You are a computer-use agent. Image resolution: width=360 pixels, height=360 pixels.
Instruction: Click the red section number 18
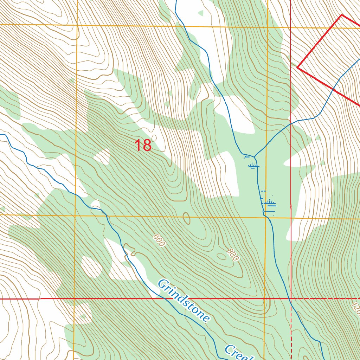pos(143,146)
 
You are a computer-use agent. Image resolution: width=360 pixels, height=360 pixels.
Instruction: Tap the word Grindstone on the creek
pos(184,300)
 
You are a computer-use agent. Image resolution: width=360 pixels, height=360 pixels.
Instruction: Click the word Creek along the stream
pos(239,353)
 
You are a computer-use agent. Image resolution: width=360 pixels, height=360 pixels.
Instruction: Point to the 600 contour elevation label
pos(159,240)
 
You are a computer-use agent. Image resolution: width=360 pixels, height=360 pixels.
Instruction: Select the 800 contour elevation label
pos(232,255)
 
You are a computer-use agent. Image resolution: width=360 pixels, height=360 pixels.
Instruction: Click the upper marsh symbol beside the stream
pos(253,165)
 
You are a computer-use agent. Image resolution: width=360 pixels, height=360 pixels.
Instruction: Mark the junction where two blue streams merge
pos(254,156)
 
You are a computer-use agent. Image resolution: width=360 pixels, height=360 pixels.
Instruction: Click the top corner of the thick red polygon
pos(341,15)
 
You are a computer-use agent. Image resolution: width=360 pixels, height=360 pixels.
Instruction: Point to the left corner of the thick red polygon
pos(297,67)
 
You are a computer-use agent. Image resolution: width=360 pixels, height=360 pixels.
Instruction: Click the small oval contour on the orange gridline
pos(187,218)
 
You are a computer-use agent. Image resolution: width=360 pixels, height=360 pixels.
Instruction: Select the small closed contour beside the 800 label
pos(222,256)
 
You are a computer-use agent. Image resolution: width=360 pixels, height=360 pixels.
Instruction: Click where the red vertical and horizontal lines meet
pos(291,298)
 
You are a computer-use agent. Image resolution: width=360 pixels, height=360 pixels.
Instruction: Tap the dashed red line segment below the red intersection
pos(291,327)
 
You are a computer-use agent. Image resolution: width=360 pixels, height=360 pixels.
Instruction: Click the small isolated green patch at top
pos(200,13)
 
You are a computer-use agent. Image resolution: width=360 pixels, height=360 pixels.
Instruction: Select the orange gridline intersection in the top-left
pos(77,25)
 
